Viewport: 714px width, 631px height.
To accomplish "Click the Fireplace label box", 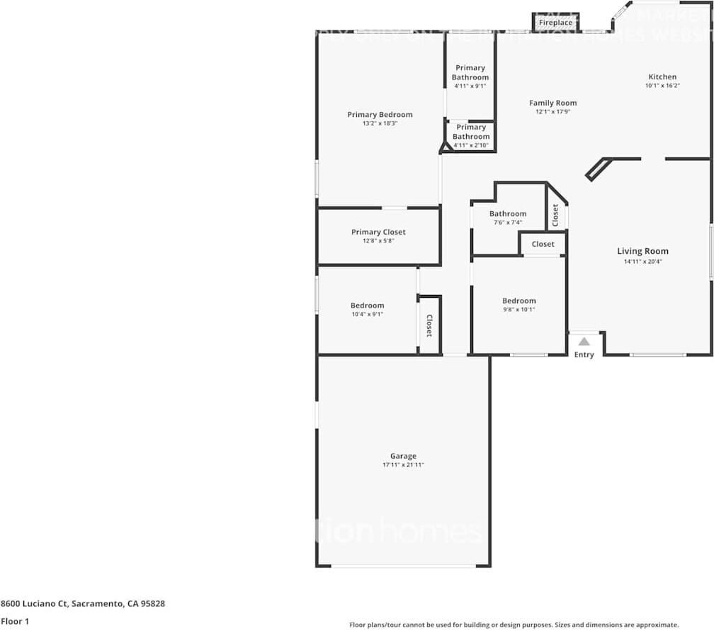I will [556, 23].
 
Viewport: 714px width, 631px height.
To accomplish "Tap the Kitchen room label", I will [662, 77].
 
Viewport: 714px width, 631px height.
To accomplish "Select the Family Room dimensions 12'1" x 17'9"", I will [553, 111].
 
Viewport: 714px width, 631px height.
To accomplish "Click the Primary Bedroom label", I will [380, 115].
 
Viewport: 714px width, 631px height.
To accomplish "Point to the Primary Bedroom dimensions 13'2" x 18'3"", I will [380, 123].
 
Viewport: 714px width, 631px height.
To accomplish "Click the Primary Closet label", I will [378, 232].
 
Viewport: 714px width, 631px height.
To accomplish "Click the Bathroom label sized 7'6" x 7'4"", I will [508, 213].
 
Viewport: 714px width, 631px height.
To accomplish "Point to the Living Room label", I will [642, 251].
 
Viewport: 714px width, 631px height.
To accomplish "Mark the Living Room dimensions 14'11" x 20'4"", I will [642, 261].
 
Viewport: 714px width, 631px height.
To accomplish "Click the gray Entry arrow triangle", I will [584, 341].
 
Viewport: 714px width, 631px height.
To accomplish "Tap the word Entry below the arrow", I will [584, 354].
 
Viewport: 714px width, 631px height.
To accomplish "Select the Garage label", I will [403, 456].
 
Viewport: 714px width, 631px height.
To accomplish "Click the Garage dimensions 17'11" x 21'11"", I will [403, 465].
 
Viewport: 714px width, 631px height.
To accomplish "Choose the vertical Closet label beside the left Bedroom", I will [429, 325].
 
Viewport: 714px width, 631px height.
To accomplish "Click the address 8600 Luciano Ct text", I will [83, 604].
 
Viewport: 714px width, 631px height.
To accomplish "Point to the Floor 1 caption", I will [15, 622].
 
